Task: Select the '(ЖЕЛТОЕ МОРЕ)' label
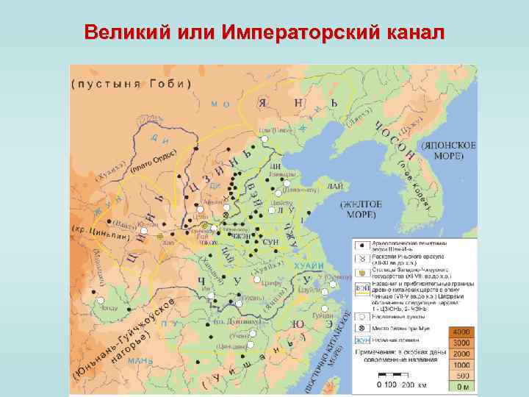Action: (358, 209)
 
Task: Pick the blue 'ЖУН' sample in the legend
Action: (361, 340)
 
